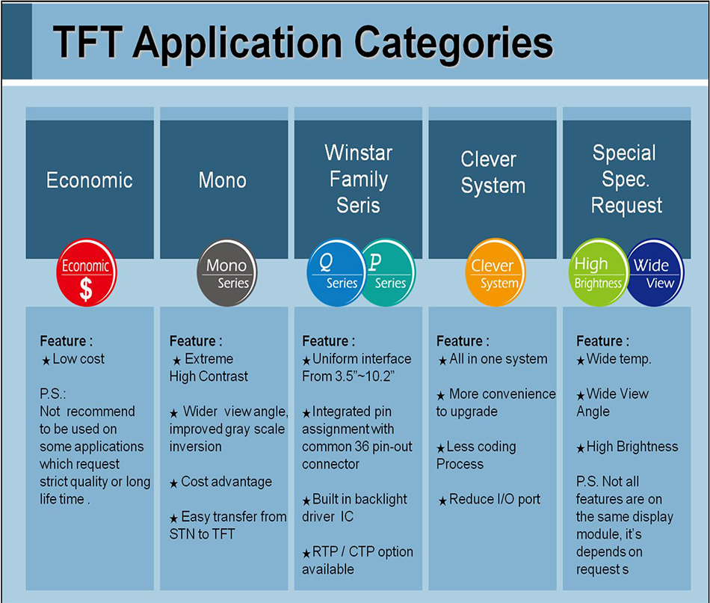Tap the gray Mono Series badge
[226, 273]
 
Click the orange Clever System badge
[495, 273]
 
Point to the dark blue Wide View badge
[655, 273]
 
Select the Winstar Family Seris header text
[358, 180]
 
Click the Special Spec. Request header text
[626, 180]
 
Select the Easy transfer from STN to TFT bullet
[228, 525]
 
